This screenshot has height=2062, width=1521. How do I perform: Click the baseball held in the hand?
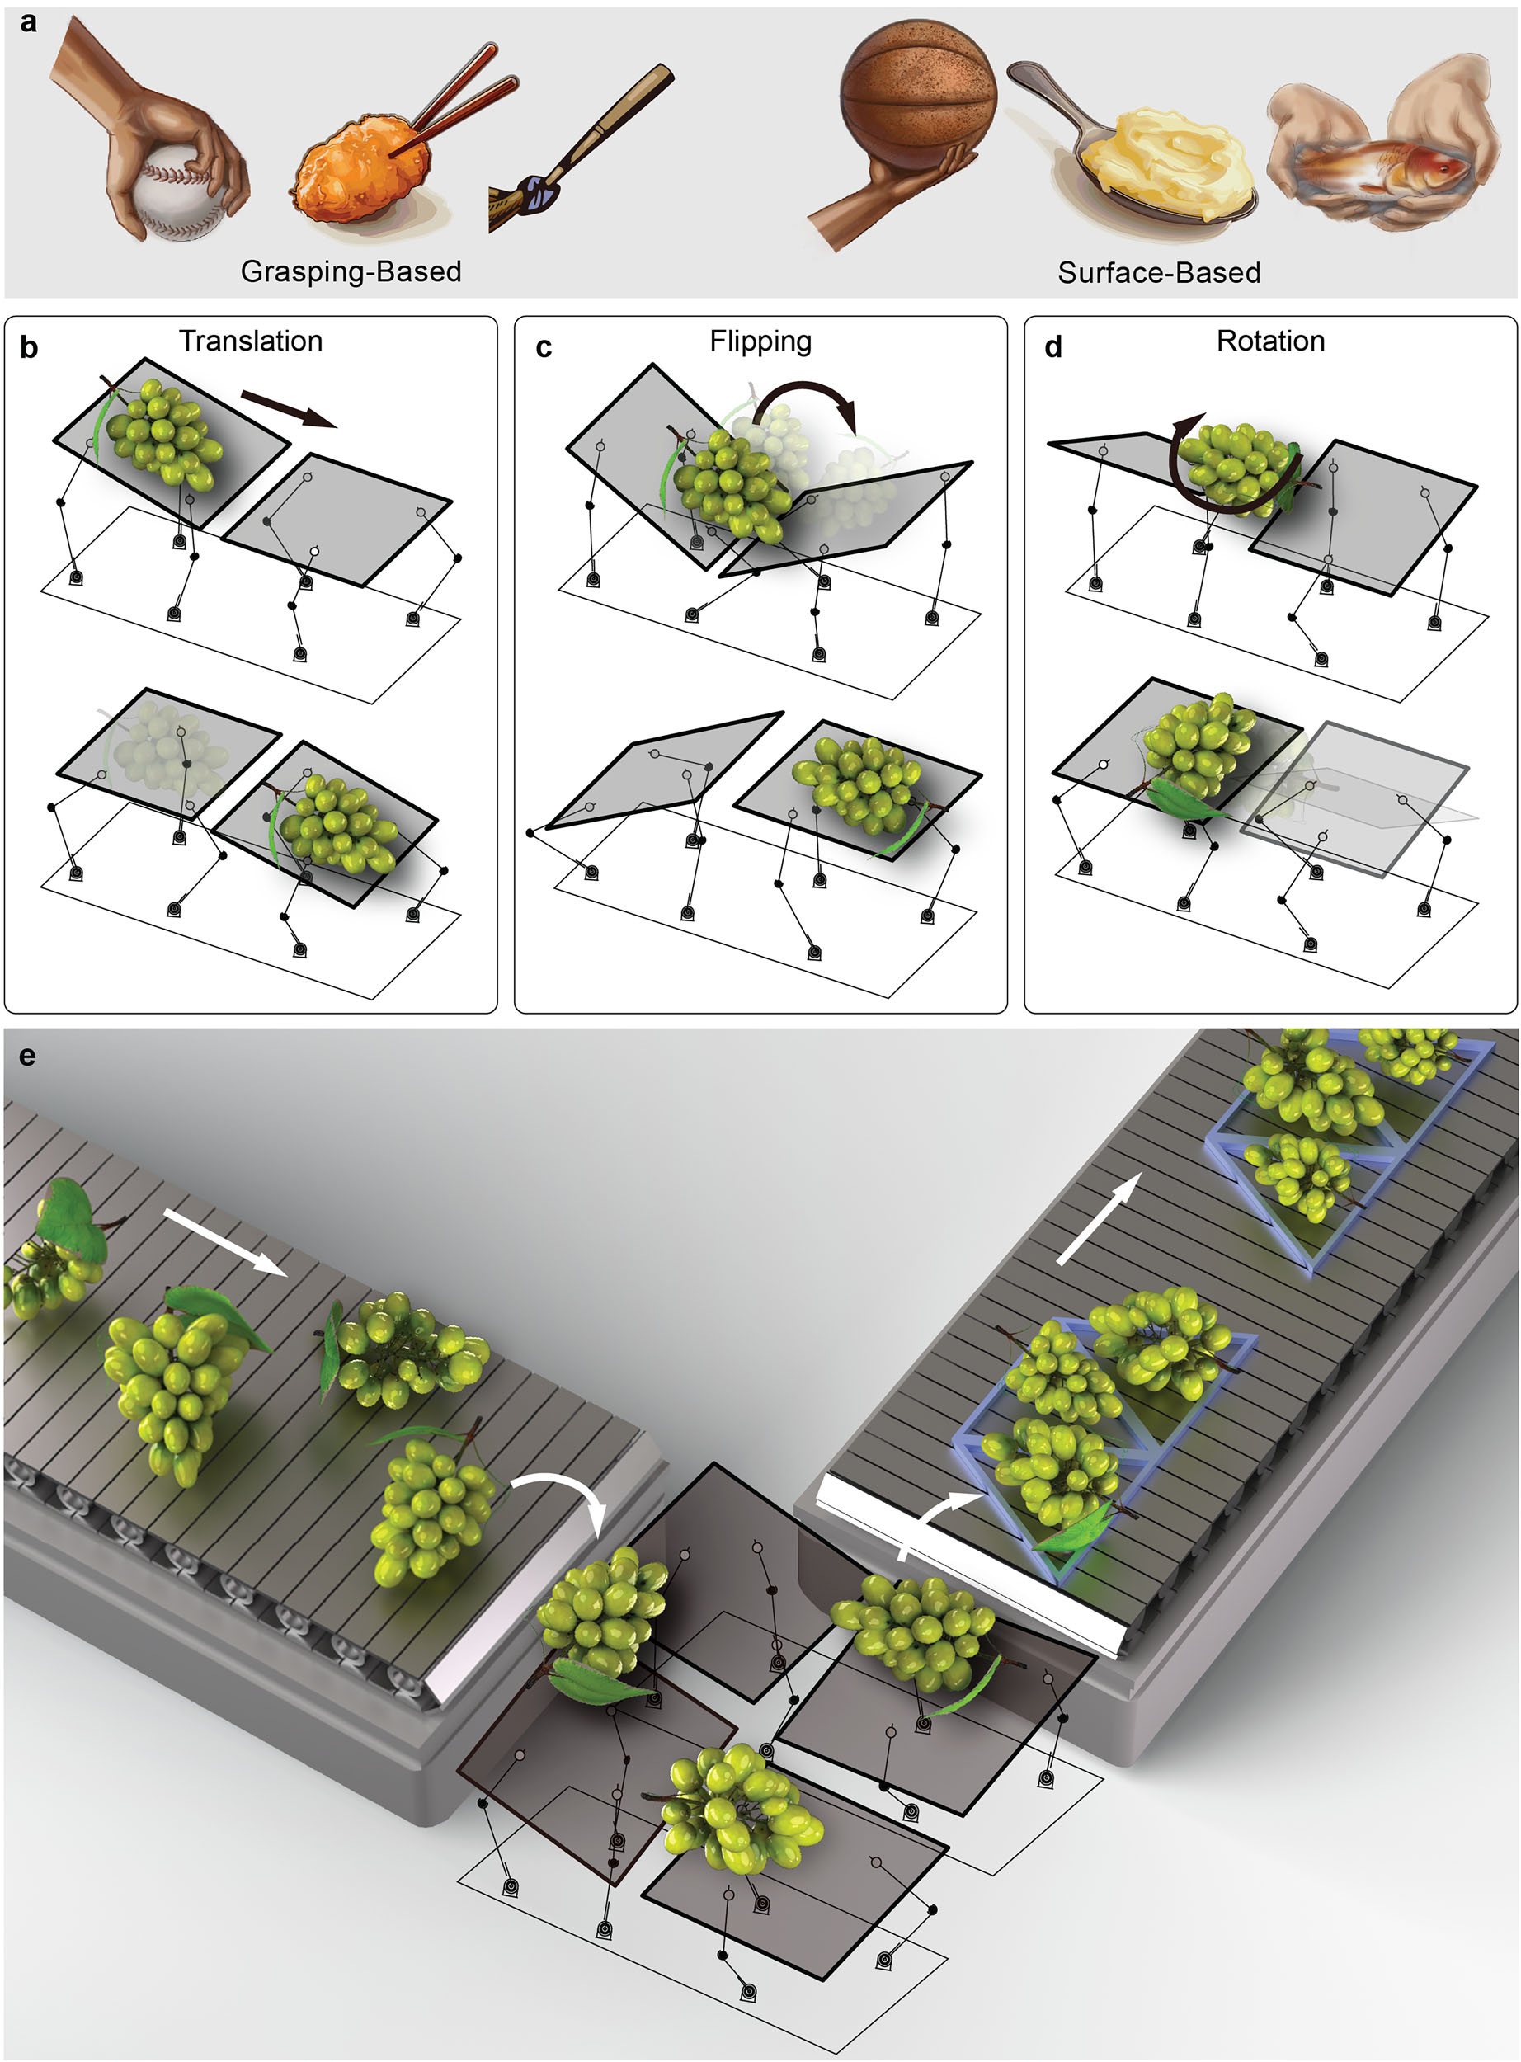179,199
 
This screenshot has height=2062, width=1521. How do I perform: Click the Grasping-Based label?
351,271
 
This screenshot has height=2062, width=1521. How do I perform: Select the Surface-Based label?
1158,272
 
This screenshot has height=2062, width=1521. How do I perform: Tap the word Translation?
251,341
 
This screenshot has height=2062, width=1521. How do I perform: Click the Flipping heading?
760,341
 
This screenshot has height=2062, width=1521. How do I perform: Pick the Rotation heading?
1270,341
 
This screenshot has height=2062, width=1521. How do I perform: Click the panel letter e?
26,1055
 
